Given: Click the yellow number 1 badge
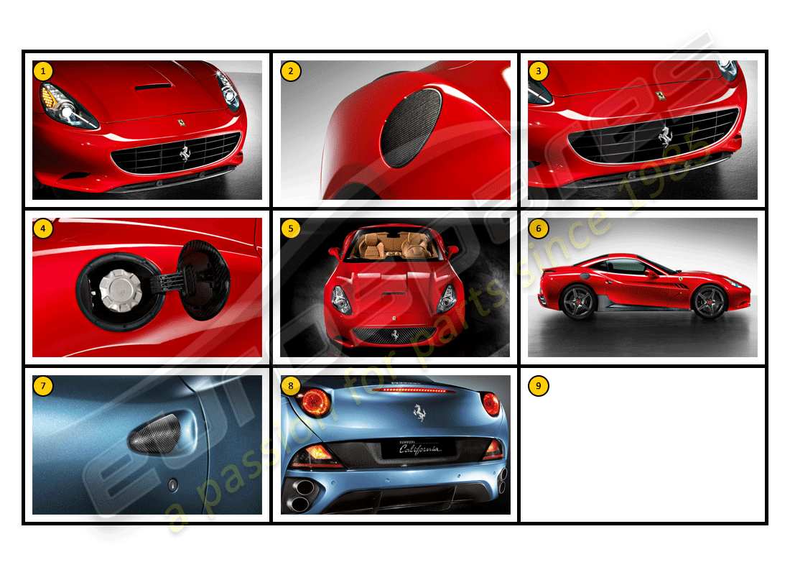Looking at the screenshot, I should pyautogui.click(x=43, y=70).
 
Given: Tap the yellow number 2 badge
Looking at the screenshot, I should pyautogui.click(x=291, y=70).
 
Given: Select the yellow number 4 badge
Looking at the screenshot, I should pyautogui.click(x=43, y=229).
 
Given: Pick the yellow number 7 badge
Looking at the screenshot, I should pyautogui.click(x=43, y=386).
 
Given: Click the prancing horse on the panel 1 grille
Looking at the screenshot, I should pyautogui.click(x=185, y=153).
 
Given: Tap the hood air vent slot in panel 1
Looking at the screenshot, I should pyautogui.click(x=154, y=86).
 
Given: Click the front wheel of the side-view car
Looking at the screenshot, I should pyautogui.click(x=710, y=302).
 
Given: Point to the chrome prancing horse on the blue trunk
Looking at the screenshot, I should pyautogui.click(x=416, y=412).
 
